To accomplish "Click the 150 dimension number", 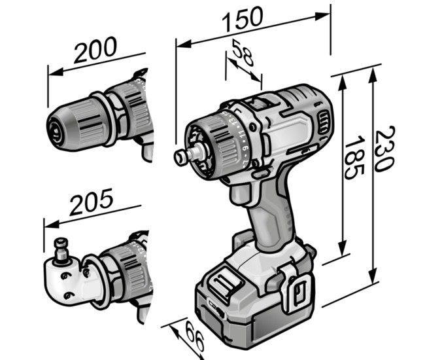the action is [243, 18].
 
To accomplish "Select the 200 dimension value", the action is [95, 50].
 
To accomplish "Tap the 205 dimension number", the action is [91, 202].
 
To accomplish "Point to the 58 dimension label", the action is [243, 53].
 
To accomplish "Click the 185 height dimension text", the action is [354, 158].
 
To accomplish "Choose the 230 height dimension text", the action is [384, 149].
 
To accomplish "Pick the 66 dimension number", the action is [195, 336].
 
